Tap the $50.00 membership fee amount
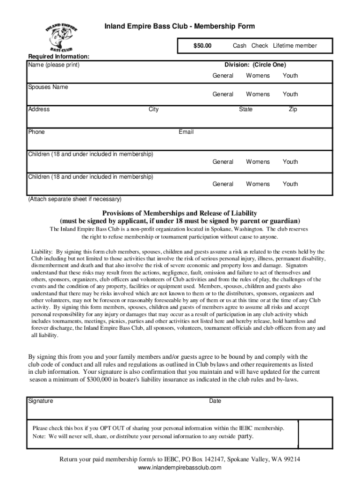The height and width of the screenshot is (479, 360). click(202, 46)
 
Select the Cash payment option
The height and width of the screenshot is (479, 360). click(239, 46)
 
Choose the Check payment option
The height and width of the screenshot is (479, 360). click(259, 46)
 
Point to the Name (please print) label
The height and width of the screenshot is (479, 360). click(54, 65)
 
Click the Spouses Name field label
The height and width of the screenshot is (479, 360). click(48, 87)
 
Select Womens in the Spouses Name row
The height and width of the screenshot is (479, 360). click(258, 94)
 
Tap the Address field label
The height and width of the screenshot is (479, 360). click(39, 109)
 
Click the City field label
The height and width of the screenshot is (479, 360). click(153, 109)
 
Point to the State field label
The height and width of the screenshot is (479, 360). click(245, 109)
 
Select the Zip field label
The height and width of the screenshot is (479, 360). click(293, 109)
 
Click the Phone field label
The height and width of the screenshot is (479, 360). click(36, 132)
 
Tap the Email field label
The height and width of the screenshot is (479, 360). click(186, 132)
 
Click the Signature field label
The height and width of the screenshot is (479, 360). click(41, 401)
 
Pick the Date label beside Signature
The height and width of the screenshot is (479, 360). click(215, 401)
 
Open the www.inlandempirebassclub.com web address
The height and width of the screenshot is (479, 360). click(180, 468)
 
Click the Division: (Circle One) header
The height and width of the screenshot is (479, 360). click(255, 65)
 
